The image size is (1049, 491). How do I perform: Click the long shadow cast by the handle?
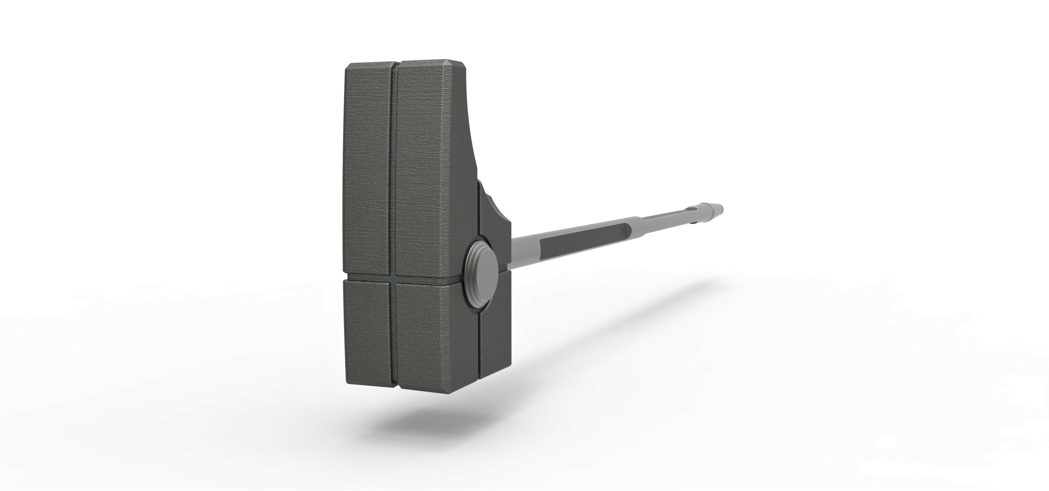click(x=611, y=326)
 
